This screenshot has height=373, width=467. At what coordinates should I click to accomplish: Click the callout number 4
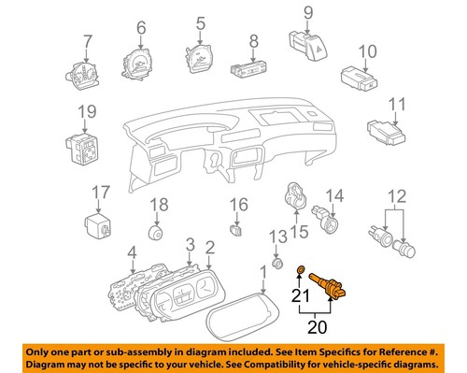pyautogui.click(x=133, y=250)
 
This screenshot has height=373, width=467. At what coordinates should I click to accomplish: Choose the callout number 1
pyautogui.click(x=262, y=272)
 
